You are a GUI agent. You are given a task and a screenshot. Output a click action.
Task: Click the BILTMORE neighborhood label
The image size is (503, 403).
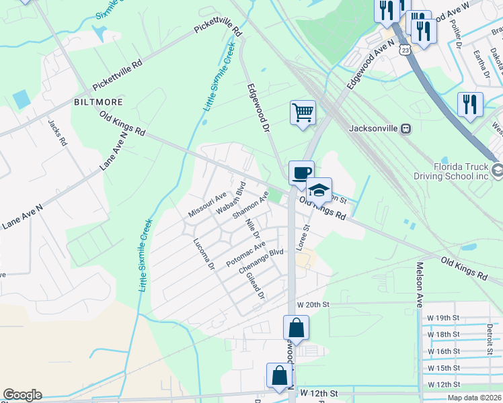click(98, 102)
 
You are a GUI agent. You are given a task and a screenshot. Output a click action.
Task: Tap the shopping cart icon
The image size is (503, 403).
click(303, 111)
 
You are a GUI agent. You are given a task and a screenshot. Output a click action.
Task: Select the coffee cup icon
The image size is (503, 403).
click(301, 172)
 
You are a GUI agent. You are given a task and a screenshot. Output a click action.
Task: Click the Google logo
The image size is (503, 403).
click(22, 395)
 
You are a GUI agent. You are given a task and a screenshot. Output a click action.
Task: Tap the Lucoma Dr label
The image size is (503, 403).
click(203, 255)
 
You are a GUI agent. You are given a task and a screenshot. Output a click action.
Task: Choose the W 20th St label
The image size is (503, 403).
click(315, 304)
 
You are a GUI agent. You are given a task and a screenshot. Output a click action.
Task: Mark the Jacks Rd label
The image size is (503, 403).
click(59, 133)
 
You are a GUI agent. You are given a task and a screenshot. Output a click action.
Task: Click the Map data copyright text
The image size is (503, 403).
click(473, 397)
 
